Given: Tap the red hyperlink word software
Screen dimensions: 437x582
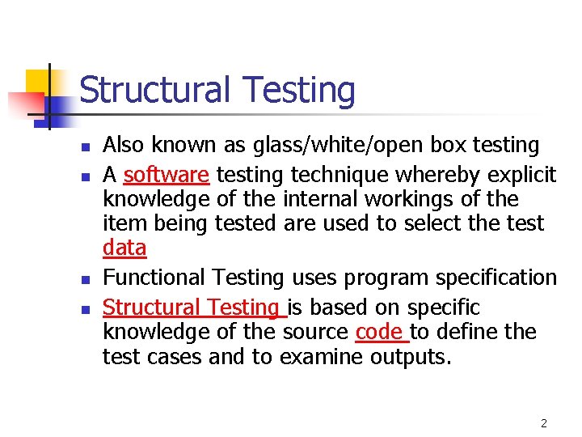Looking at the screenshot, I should click(167, 175).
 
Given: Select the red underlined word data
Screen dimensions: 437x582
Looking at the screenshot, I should click(124, 248).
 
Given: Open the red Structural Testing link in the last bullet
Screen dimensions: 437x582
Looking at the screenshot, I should click(190, 308).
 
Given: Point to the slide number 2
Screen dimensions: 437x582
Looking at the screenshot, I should click(544, 423).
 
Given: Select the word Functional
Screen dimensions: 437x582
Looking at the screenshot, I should click(151, 278).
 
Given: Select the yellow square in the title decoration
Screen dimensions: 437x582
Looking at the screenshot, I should click(38, 82).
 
